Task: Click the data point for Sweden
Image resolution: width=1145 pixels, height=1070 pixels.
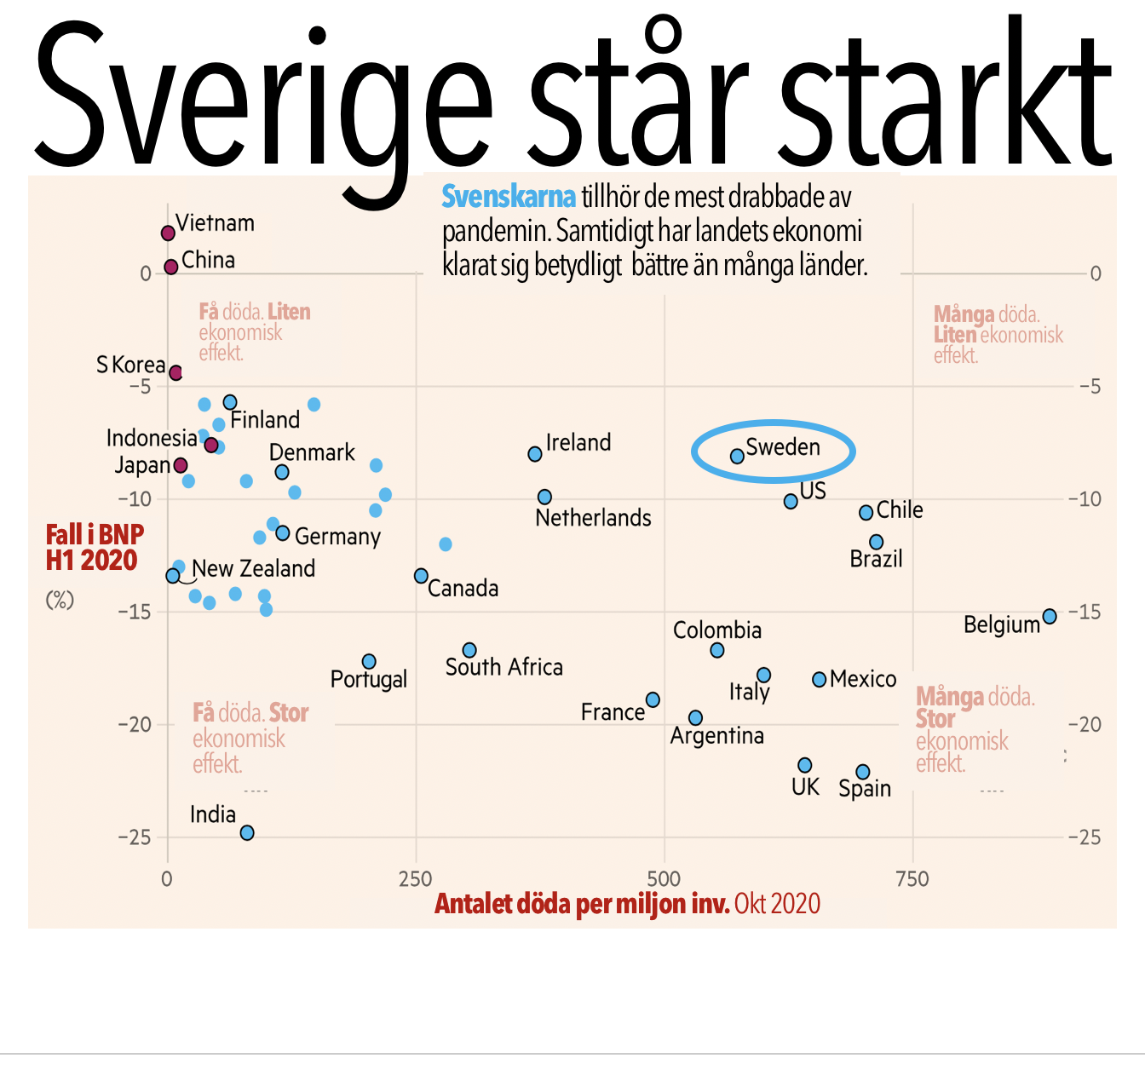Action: point(737,457)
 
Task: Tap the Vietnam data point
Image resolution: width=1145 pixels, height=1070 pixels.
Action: point(168,233)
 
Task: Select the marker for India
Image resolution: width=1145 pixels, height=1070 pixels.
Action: point(247,833)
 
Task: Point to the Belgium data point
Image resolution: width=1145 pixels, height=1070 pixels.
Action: point(1050,616)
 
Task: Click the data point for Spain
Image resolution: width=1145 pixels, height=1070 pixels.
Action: point(863,772)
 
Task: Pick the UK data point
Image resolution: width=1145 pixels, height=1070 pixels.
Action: point(805,765)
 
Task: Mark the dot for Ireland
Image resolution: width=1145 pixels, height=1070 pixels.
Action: point(535,454)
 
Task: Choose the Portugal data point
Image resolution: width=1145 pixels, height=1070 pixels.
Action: point(369,662)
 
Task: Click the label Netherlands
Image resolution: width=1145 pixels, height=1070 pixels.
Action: point(593,518)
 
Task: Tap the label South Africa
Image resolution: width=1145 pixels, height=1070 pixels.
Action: point(503,667)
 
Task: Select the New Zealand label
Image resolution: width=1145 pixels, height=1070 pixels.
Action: point(253,568)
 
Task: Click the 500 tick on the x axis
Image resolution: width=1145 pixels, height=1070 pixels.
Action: point(664,878)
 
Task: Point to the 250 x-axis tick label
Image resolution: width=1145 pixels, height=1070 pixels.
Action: point(416,878)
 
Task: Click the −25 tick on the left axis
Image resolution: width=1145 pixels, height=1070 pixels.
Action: point(135,837)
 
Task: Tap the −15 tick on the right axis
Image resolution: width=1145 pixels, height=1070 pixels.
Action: point(1085,612)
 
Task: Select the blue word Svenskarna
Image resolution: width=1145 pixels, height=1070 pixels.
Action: point(509,198)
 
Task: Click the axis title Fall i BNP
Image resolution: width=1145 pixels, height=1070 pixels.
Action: point(95,535)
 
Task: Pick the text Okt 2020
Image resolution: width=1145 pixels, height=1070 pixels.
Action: point(777,904)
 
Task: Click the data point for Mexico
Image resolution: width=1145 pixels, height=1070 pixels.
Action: point(820,680)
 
